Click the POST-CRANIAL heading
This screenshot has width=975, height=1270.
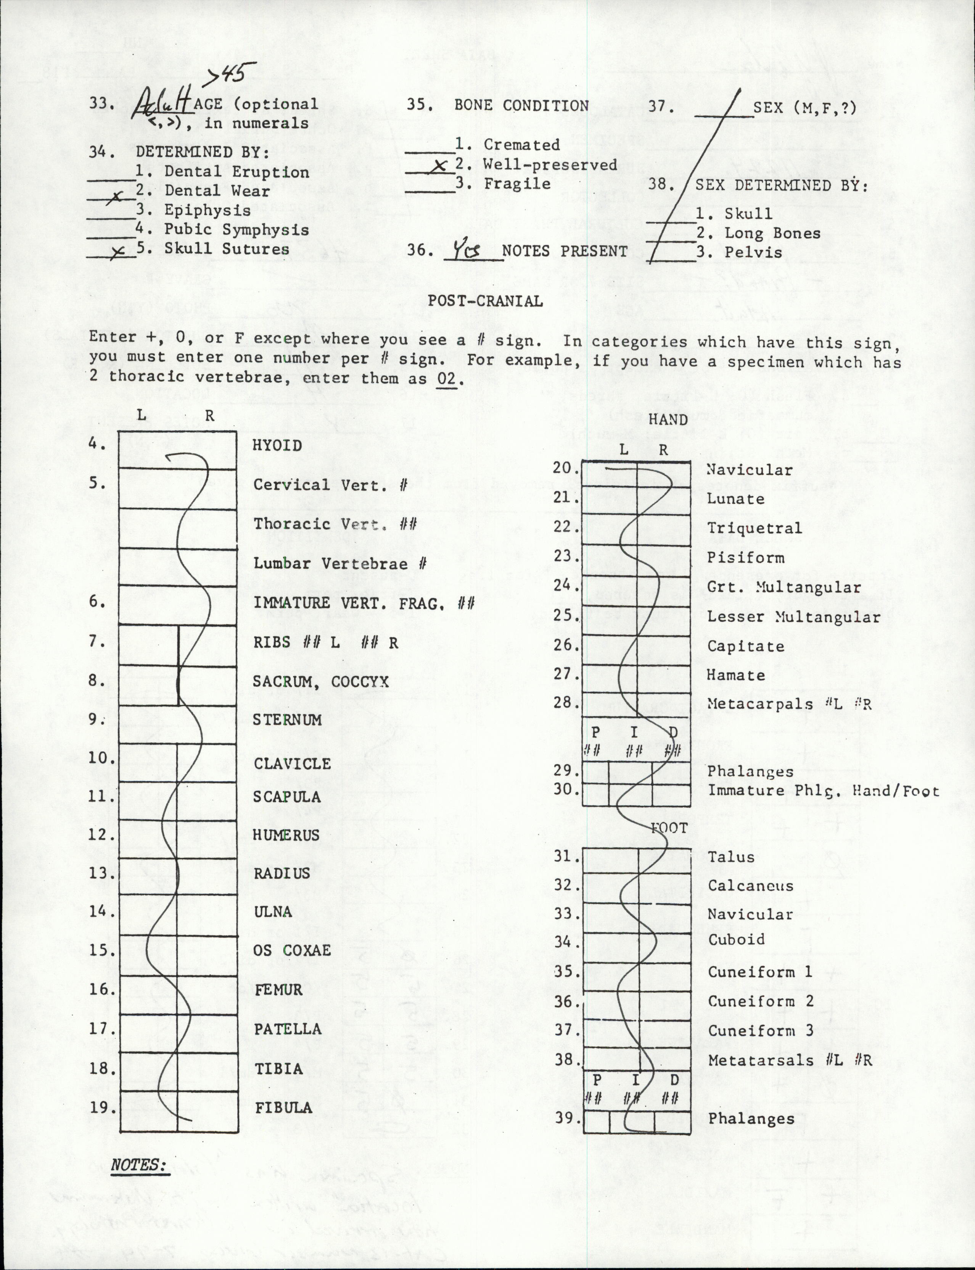click(485, 301)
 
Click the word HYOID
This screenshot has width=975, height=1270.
click(277, 445)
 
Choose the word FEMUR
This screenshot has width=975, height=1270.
click(278, 989)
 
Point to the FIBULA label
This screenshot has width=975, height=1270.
click(283, 1107)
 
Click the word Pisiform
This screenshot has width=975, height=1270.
click(745, 557)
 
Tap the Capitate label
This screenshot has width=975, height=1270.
click(745, 646)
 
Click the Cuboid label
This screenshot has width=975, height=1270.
click(736, 939)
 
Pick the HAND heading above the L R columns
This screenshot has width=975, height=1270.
click(668, 419)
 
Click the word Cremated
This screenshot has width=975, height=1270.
click(521, 145)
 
